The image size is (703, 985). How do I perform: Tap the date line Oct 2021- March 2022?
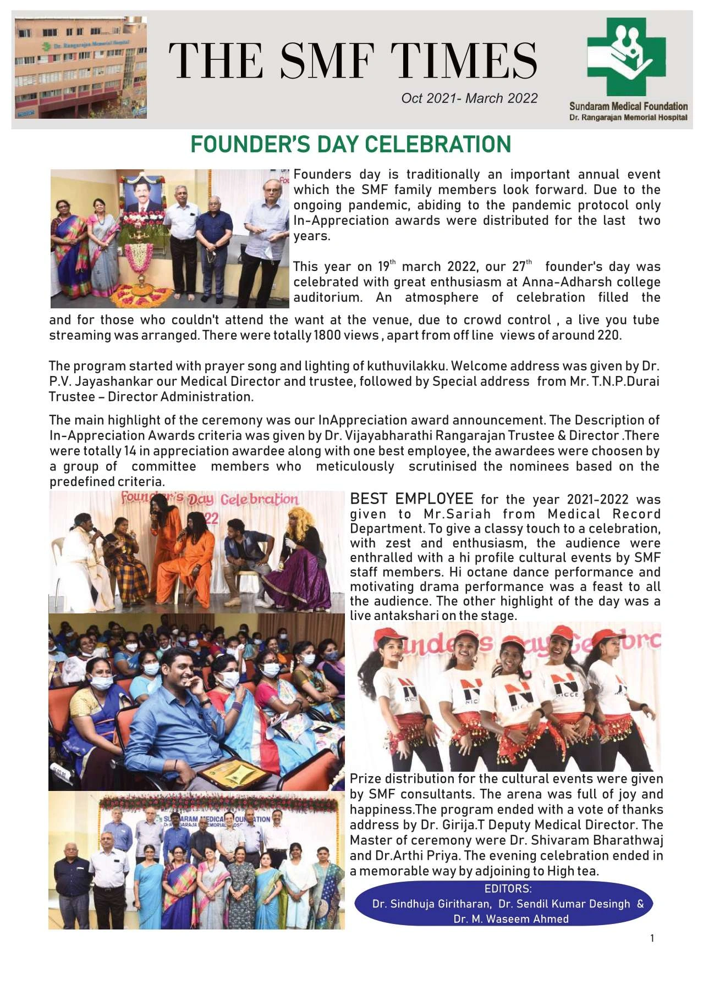[x=469, y=98]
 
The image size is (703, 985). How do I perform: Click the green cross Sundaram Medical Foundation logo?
[x=626, y=58]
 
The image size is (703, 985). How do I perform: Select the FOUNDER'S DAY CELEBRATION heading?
[x=351, y=145]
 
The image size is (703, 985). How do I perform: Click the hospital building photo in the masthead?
[x=81, y=68]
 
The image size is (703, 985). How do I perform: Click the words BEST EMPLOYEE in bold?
[x=411, y=499]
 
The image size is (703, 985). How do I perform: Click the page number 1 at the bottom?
[x=652, y=938]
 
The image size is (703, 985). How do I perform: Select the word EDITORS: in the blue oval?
[x=508, y=889]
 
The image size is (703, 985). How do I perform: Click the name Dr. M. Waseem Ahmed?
[x=511, y=919]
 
